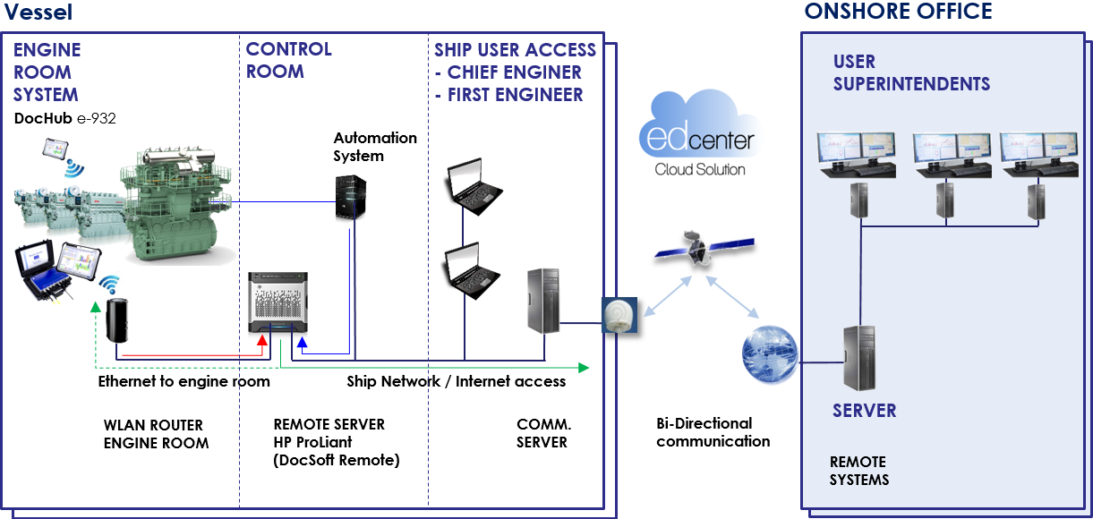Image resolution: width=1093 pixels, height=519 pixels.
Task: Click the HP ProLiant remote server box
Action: tap(277, 304)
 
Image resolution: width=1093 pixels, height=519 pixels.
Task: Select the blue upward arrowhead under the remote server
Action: tap(303, 341)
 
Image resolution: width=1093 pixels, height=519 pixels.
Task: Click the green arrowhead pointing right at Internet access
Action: tap(583, 367)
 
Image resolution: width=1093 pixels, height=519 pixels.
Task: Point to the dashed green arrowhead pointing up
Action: tap(96, 309)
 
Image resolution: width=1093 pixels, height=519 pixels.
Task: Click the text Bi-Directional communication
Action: tap(713, 432)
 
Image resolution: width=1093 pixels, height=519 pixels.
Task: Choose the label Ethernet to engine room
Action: tap(184, 381)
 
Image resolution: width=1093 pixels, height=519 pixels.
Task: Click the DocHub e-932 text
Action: tap(65, 118)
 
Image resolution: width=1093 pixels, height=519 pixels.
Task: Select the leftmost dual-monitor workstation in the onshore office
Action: tap(858, 153)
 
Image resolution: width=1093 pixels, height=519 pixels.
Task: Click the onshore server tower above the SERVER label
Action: tap(858, 358)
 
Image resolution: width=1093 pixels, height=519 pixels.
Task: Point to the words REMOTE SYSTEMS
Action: tap(858, 471)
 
